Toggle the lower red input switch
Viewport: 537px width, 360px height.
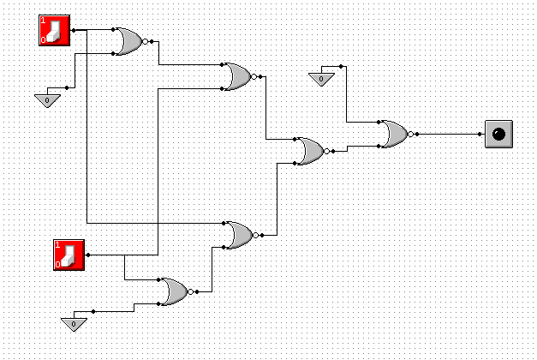pyautogui.click(x=69, y=255)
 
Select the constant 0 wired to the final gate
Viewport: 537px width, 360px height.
pyautogui.click(x=321, y=79)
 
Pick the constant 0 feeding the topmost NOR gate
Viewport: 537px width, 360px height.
pyautogui.click(x=47, y=100)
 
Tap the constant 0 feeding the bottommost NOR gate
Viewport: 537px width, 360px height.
pyautogui.click(x=74, y=323)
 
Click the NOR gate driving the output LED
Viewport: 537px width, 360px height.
pyautogui.click(x=395, y=134)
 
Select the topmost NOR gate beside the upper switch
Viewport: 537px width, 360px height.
pyautogui.click(x=129, y=41)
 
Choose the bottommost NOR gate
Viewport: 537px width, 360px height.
pyautogui.click(x=175, y=292)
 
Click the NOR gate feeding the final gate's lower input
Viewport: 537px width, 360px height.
pyautogui.click(x=309, y=151)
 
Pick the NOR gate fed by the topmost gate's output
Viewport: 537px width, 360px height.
pyautogui.click(x=236, y=76)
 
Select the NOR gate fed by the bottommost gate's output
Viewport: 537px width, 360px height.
pyautogui.click(x=237, y=234)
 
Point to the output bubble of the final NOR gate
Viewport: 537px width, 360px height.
pyautogui.click(x=411, y=134)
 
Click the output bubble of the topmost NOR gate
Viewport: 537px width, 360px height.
pyautogui.click(x=146, y=41)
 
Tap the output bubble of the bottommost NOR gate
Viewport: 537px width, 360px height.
pyautogui.click(x=191, y=292)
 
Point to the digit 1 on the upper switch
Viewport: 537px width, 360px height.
pyautogui.click(x=43, y=20)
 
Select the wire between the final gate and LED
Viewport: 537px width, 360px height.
pyautogui.click(x=450, y=134)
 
